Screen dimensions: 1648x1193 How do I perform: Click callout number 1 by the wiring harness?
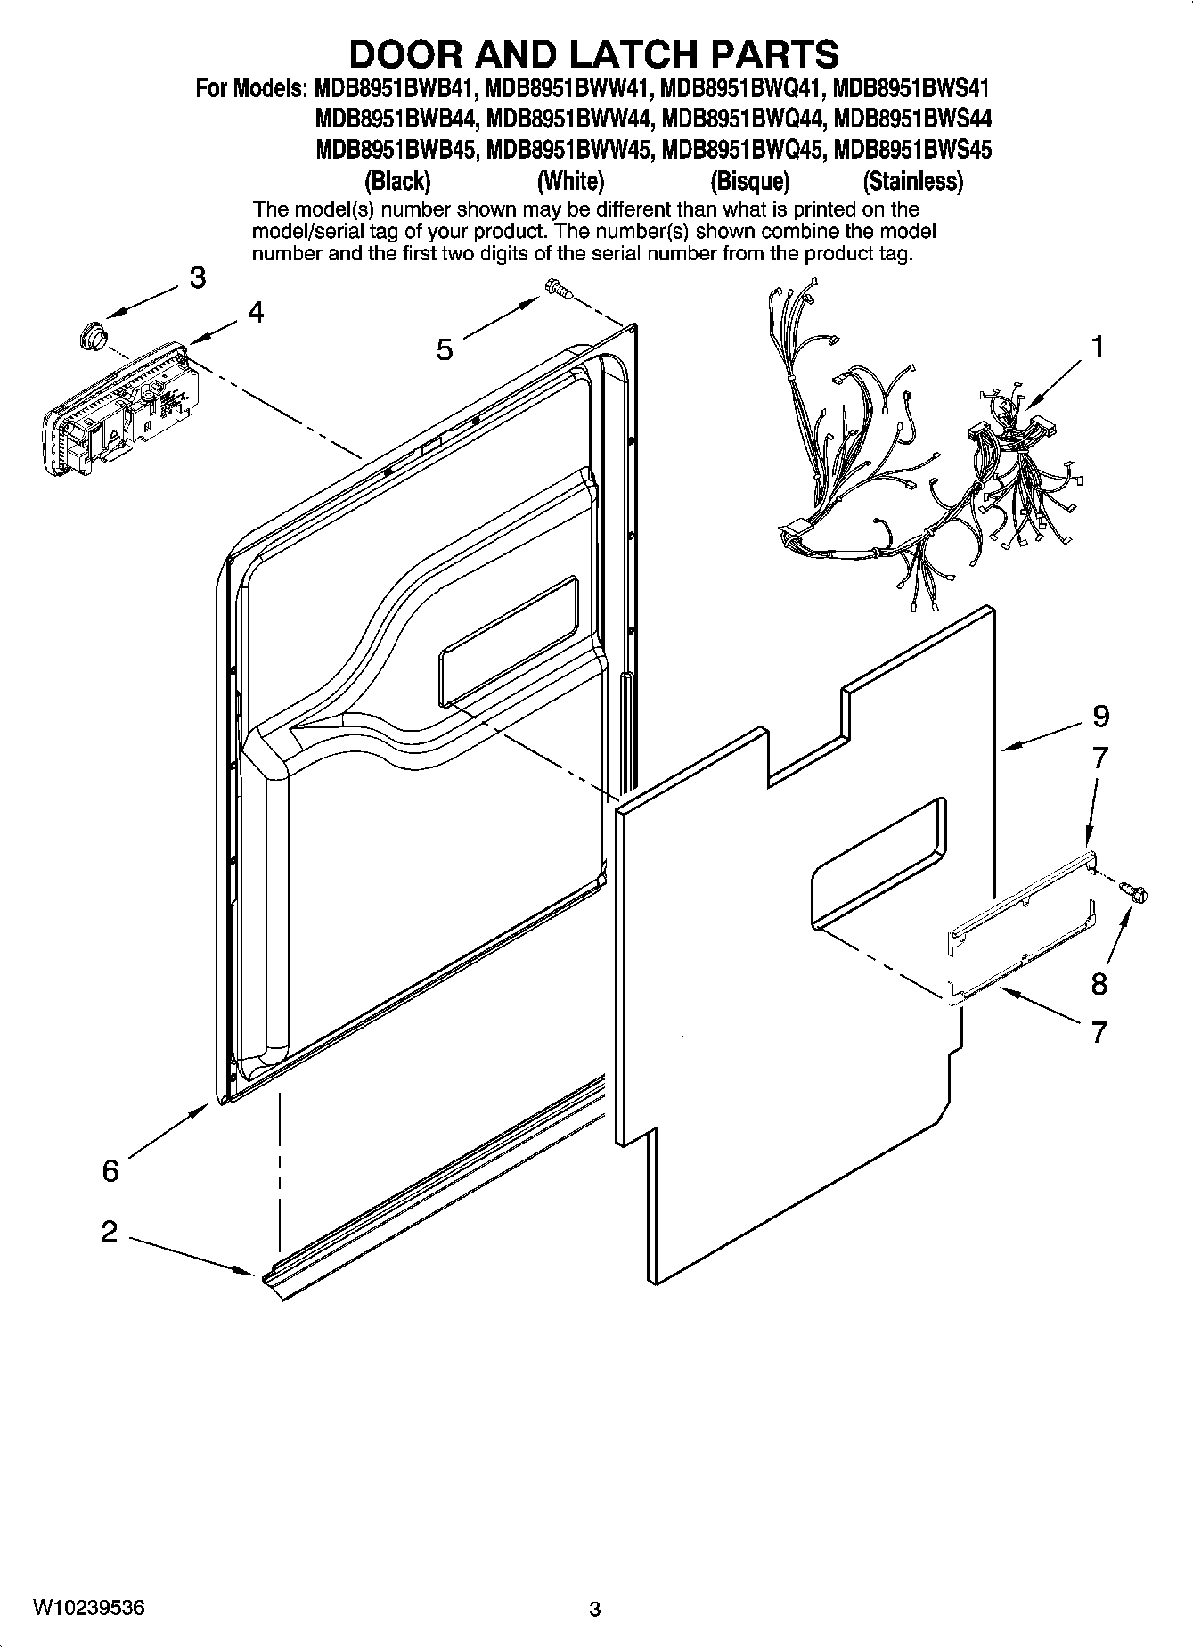1098,346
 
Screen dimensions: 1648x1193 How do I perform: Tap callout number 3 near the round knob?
198,277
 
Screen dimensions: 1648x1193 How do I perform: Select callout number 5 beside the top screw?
445,348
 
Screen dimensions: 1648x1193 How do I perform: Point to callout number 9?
1100,716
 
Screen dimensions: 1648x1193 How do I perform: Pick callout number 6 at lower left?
110,1170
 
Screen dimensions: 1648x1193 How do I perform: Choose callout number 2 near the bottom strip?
109,1232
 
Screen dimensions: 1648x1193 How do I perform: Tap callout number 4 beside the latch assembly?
256,313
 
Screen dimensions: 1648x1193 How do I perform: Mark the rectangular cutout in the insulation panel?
878,861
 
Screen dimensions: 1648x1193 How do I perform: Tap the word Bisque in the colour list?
749,182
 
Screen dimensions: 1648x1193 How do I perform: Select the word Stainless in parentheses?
912,182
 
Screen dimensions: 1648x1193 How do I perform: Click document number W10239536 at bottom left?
89,1608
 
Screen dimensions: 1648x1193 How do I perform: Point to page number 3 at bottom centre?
595,1610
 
